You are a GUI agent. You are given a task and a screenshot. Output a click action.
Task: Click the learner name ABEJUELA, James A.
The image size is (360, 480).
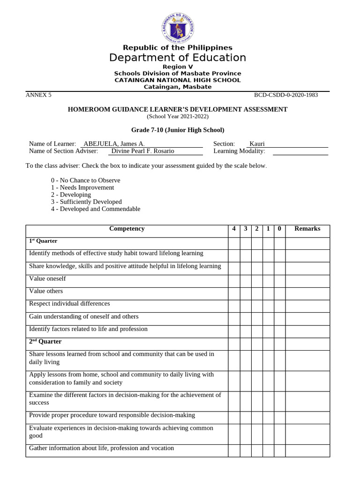114,143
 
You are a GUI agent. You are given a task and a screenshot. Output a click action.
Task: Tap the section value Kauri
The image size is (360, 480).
257,143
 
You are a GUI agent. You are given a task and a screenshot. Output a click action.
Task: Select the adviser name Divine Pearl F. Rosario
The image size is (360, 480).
142,151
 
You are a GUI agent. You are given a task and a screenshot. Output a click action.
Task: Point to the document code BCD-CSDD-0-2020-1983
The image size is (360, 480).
286,95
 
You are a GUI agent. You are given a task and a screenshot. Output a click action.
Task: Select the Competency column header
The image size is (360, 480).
127,229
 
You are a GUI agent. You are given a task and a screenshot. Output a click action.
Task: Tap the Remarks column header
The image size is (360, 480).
307,229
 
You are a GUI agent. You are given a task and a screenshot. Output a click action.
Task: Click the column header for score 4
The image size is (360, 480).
234,229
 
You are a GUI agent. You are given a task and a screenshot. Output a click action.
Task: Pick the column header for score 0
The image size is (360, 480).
279,229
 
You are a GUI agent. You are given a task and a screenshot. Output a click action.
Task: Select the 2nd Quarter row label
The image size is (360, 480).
45,342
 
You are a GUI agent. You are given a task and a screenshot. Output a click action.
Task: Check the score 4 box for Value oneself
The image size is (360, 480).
234,279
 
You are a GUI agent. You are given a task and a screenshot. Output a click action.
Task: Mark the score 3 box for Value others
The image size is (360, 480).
245,292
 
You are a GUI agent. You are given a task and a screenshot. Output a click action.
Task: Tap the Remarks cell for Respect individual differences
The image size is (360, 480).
307,304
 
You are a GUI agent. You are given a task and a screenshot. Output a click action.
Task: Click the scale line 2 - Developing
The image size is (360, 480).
71,195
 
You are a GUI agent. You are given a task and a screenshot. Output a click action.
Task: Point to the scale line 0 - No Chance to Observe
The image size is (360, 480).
85,180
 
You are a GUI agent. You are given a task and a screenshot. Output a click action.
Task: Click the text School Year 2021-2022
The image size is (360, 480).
178,117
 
